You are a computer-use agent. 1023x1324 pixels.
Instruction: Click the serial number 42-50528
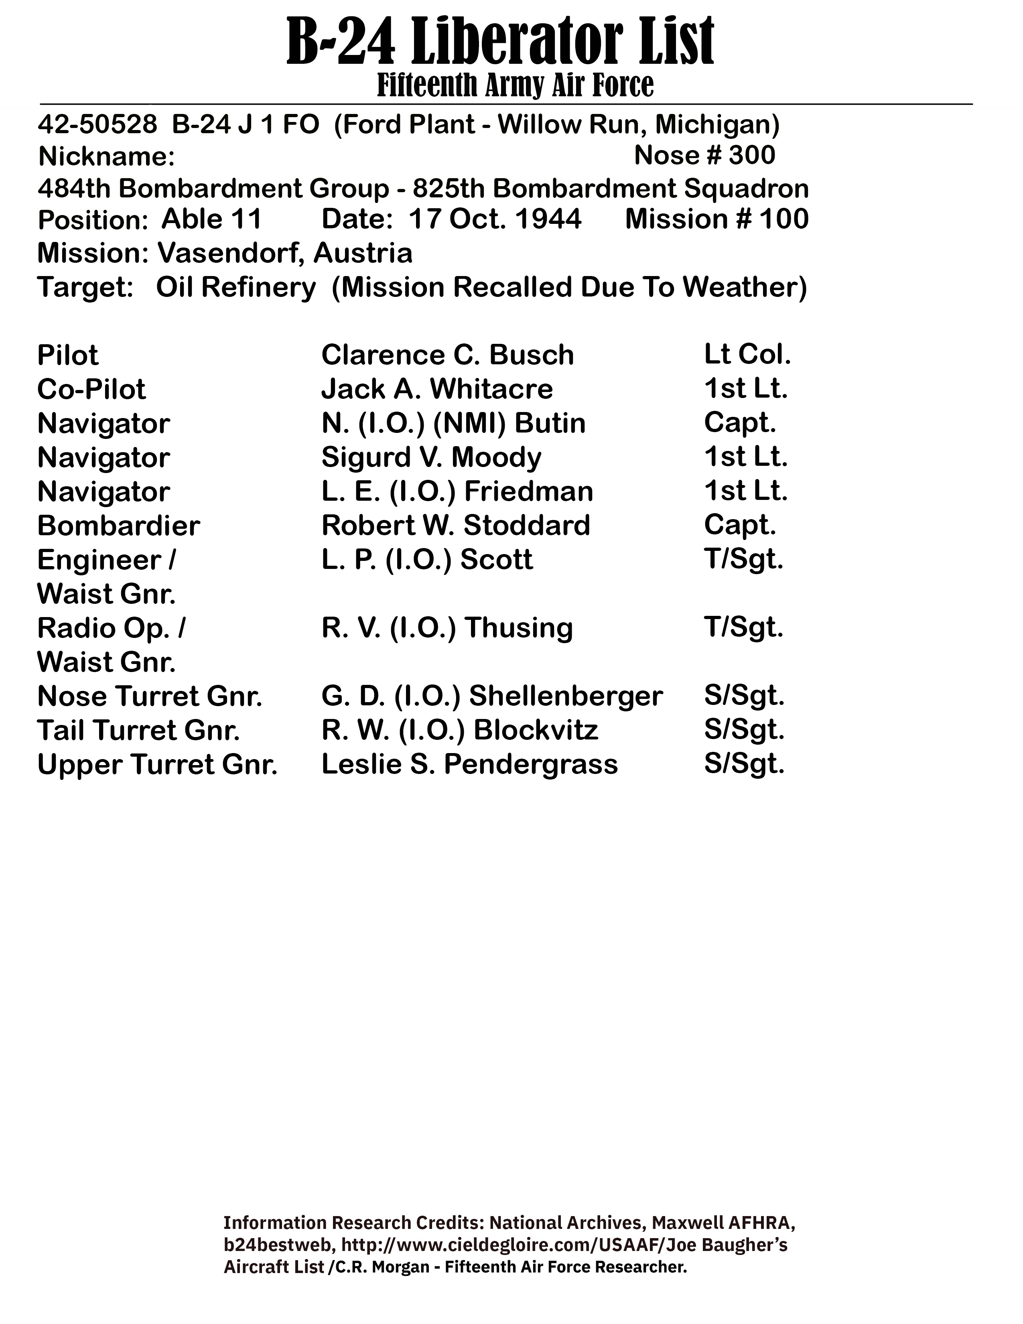(97, 124)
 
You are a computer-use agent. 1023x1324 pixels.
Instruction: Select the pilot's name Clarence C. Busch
(447, 355)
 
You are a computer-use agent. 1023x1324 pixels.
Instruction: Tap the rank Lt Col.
(747, 355)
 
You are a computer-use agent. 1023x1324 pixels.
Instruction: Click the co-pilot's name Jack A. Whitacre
(437, 389)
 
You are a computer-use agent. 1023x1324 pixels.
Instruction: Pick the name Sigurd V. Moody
(431, 457)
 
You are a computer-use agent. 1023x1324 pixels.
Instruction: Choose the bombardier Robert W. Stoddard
(455, 526)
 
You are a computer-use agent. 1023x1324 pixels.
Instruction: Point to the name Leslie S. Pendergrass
(469, 764)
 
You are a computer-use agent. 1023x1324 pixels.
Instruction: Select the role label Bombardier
(118, 526)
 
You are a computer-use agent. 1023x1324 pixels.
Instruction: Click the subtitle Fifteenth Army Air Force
(515, 85)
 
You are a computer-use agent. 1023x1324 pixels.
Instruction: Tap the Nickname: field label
(107, 157)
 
